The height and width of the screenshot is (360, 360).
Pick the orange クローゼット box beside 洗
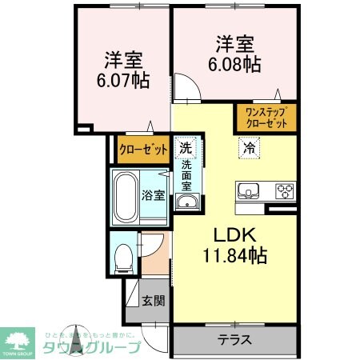pos(143,149)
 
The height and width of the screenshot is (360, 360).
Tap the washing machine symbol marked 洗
pos(185,147)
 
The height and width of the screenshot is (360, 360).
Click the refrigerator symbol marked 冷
pos(249,147)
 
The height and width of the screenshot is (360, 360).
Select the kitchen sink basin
pos(249,191)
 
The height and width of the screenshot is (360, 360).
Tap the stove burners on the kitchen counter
pos(284,191)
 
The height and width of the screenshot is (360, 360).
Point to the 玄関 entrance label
pos(153,302)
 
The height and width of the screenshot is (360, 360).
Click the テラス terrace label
pos(234,339)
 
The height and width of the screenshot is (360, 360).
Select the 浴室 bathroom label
pos(153,194)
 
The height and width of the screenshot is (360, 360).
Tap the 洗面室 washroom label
pos(186,176)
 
